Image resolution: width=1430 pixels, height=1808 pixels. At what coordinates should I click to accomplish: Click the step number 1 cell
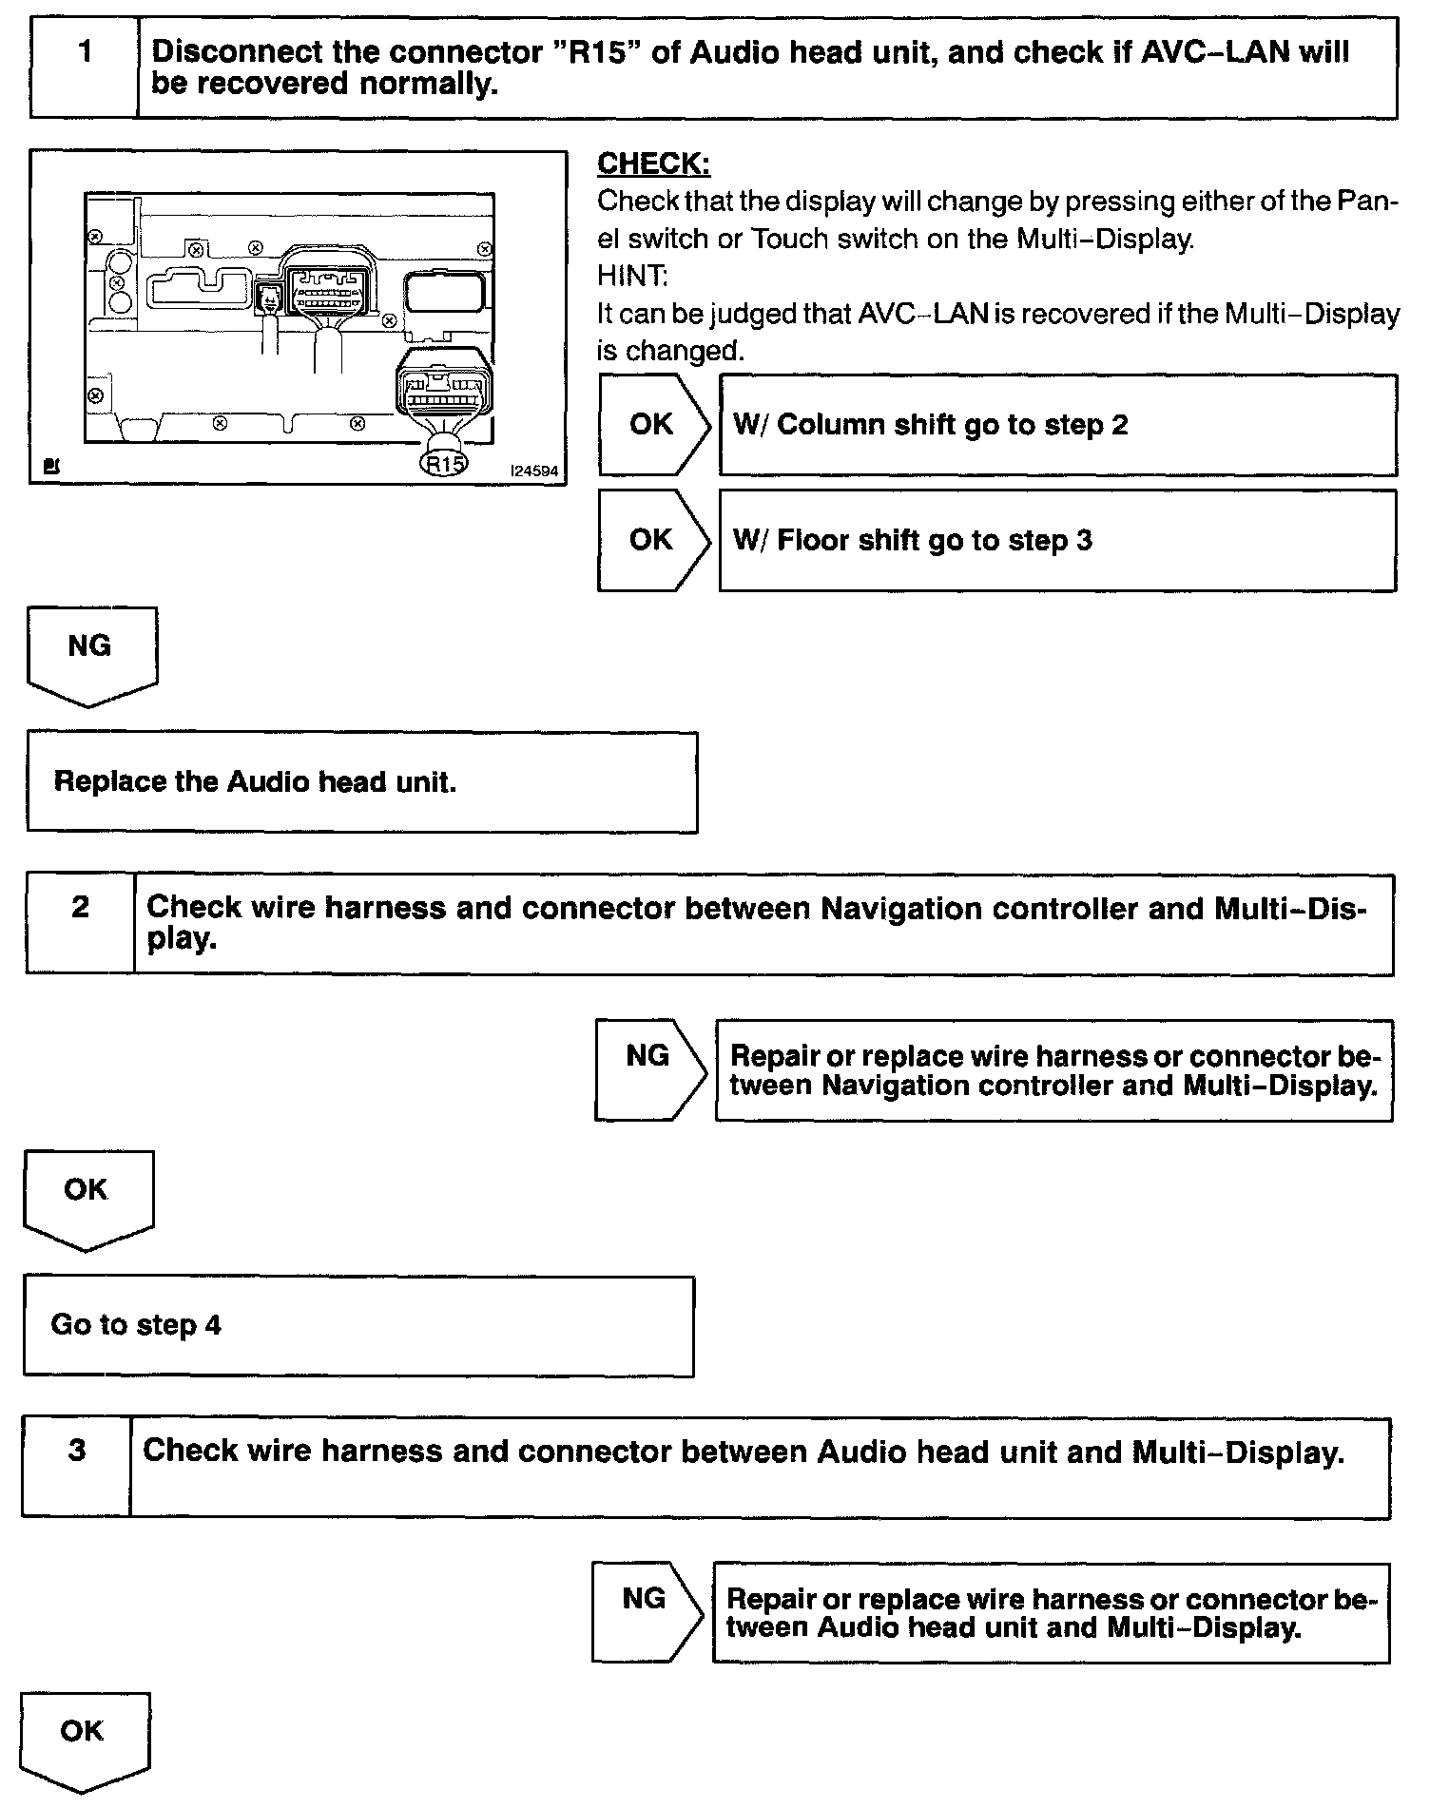85,67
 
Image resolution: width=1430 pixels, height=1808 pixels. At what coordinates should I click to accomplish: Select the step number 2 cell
81,923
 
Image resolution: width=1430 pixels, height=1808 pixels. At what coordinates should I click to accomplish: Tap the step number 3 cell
77,1467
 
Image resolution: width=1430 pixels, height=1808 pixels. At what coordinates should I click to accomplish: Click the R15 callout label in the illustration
444,464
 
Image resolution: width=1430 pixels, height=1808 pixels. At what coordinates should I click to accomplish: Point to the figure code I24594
534,471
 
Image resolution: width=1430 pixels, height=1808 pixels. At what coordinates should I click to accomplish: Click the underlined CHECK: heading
653,164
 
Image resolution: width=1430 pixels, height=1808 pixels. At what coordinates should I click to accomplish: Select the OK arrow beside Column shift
652,425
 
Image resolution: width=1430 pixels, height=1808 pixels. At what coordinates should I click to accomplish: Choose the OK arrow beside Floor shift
652,540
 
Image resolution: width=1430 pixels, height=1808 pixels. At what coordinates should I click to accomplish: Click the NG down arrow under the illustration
91,655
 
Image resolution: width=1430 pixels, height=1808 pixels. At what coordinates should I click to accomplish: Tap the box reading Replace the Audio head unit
361,782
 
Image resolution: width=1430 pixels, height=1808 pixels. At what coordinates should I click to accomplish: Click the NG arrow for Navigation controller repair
648,1068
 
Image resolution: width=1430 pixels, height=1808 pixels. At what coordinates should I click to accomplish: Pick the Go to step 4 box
358,1326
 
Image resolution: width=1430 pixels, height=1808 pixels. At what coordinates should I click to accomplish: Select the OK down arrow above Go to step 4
87,1199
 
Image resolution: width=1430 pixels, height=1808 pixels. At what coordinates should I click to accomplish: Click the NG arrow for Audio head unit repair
645,1612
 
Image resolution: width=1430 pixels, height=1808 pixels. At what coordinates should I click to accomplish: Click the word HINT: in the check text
632,277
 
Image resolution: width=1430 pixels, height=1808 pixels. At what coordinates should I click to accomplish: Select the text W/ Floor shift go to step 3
913,541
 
